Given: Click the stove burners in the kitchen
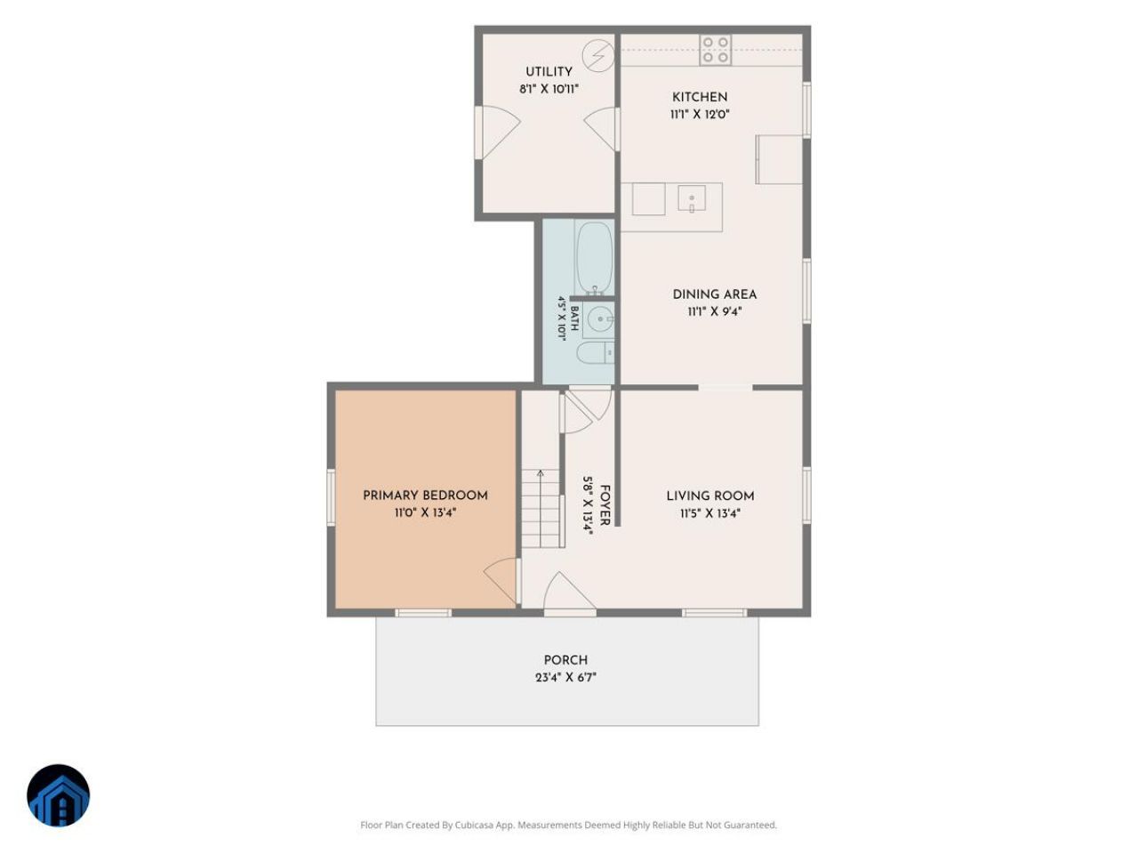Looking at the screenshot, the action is [715, 50].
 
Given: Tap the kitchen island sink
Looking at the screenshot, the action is [691, 198].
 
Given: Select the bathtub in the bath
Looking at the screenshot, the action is [594, 258].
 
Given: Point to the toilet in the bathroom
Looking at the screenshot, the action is [595, 352].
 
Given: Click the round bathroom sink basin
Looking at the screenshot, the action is [601, 318].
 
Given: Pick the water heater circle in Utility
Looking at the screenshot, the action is [597, 55].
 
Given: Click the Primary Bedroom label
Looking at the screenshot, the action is [425, 495].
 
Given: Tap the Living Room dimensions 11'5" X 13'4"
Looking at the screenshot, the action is [709, 513].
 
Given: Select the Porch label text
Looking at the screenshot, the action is [565, 660].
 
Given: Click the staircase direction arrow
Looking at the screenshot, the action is [541, 508].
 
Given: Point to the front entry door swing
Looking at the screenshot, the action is [569, 592].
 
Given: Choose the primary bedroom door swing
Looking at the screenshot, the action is [501, 580].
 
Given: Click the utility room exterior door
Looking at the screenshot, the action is [498, 133].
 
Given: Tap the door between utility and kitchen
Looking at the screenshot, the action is [601, 129].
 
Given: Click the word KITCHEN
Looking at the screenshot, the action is [700, 97].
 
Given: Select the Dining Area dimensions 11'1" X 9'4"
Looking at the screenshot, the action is [715, 311].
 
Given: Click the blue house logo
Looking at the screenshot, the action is [58, 795].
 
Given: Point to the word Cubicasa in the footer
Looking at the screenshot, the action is [475, 825].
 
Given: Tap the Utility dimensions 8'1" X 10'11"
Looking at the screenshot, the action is [549, 89].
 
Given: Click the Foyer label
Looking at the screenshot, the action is [605, 505].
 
